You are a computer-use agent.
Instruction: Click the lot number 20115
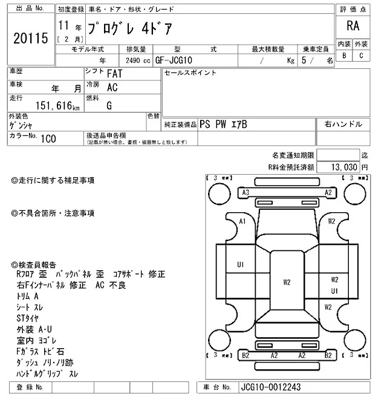point(30,39)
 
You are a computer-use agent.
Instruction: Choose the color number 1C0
point(48,138)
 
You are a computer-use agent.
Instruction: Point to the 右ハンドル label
point(343,124)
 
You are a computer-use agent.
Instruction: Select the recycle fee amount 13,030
point(343,166)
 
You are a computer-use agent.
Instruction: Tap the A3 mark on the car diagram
point(246,193)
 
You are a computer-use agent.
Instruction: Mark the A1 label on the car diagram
point(242,222)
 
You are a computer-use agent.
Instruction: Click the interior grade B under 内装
point(344,56)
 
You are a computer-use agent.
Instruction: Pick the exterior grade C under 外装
point(361,56)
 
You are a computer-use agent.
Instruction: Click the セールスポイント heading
point(190,73)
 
